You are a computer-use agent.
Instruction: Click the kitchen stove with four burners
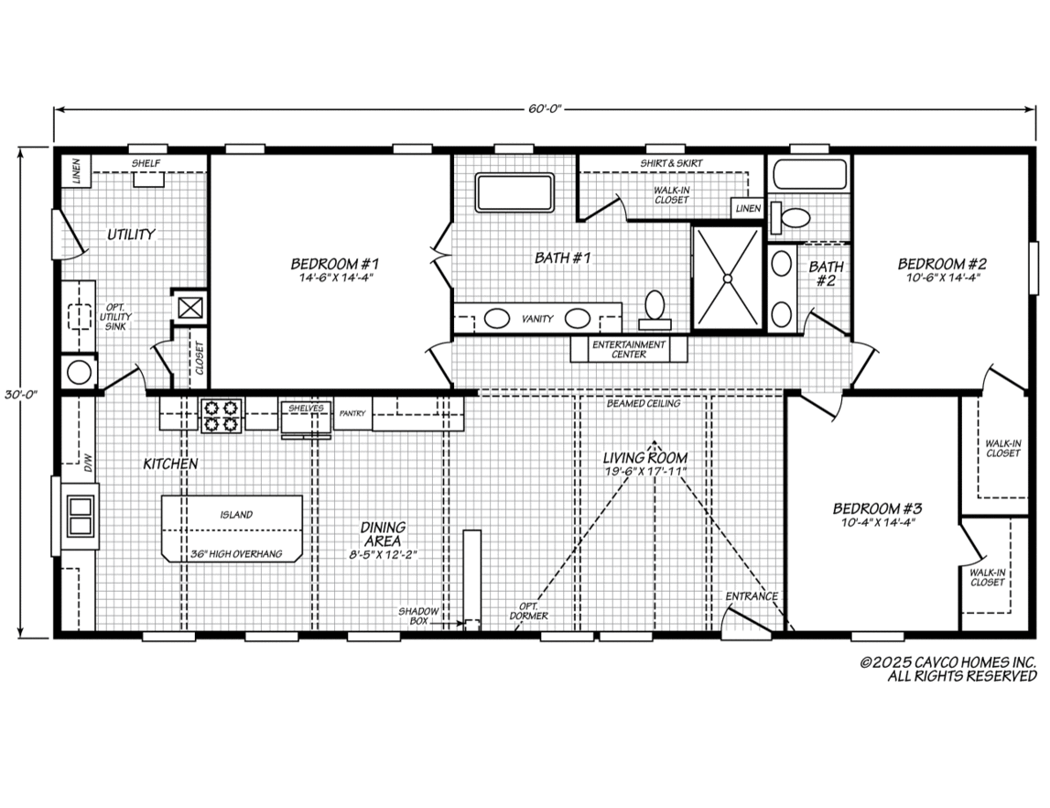[x=221, y=415]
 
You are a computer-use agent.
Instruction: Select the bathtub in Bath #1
[x=514, y=193]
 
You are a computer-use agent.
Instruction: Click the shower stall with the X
[x=727, y=278]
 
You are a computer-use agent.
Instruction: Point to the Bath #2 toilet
[x=789, y=217]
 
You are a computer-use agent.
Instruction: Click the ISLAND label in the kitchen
[x=236, y=515]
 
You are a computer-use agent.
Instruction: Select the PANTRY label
[x=352, y=413]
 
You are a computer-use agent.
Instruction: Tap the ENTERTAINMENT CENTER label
[x=629, y=349]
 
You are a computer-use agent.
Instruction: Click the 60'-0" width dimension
[x=544, y=109]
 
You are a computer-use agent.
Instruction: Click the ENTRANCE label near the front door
[x=752, y=596]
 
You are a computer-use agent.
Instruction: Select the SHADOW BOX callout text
[x=418, y=617]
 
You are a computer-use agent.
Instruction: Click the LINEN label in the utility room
[x=76, y=171]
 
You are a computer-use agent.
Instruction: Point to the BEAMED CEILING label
[x=644, y=403]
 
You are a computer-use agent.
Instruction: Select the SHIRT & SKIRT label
[x=671, y=163]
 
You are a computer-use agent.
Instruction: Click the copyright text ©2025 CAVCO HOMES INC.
[x=948, y=662]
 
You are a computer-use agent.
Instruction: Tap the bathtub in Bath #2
[x=810, y=174]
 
